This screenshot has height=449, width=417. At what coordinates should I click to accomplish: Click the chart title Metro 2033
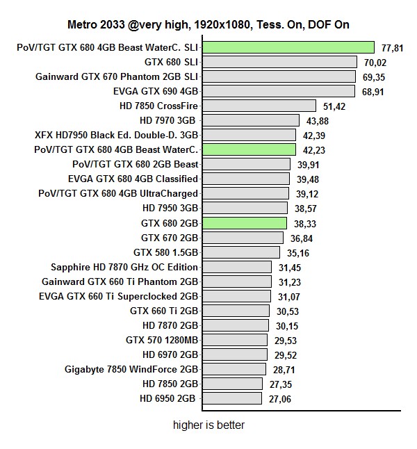(x=208, y=25)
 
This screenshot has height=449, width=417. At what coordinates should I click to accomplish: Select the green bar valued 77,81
(x=288, y=47)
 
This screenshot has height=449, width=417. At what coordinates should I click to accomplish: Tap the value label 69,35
(x=373, y=76)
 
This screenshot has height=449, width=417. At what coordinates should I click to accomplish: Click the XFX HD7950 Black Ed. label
(x=116, y=135)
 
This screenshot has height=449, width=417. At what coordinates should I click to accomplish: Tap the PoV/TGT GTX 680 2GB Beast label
(x=136, y=164)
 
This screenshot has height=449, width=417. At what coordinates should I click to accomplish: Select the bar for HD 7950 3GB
(x=244, y=208)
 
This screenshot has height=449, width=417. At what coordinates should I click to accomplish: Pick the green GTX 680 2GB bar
(x=243, y=222)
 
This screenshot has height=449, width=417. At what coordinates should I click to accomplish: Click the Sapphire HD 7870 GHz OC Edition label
(x=124, y=266)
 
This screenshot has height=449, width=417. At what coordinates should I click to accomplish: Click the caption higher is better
(x=208, y=425)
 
